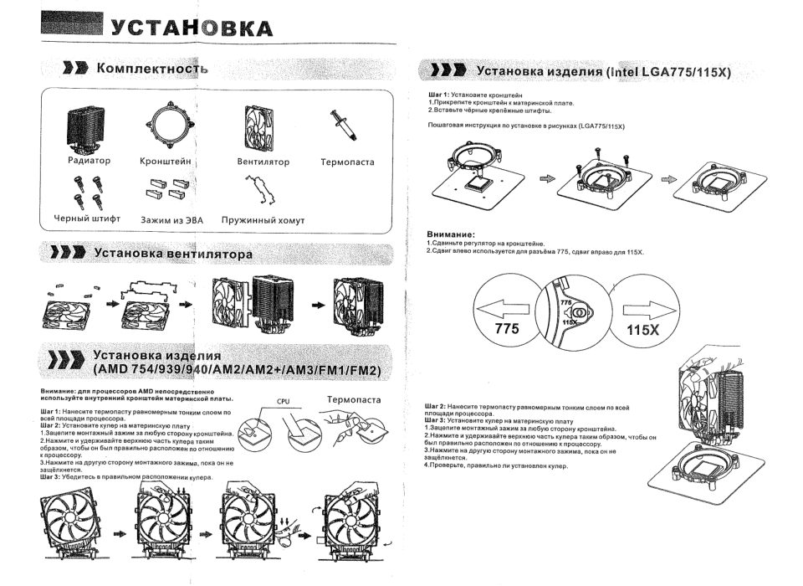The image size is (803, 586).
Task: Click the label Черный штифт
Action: click(87, 219)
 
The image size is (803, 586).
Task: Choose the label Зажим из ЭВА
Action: click(171, 220)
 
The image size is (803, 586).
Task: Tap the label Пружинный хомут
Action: click(263, 220)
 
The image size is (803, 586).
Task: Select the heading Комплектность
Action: click(151, 67)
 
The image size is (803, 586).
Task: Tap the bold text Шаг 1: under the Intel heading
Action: click(438, 95)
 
